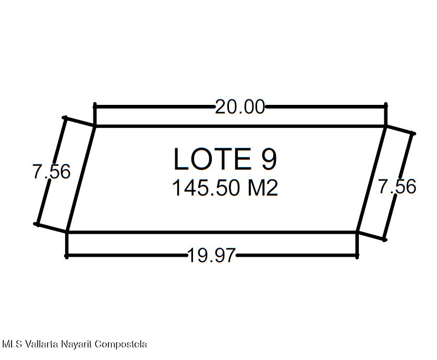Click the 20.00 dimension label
(x=240, y=107)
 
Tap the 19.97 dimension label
(x=212, y=256)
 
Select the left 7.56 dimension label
(x=52, y=171)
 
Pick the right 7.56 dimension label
(x=397, y=186)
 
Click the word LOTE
(x=212, y=159)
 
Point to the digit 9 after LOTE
(x=269, y=159)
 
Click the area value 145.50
(x=206, y=188)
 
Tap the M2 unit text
(x=263, y=188)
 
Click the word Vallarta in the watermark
(x=42, y=344)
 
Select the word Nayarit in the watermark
(x=76, y=345)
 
